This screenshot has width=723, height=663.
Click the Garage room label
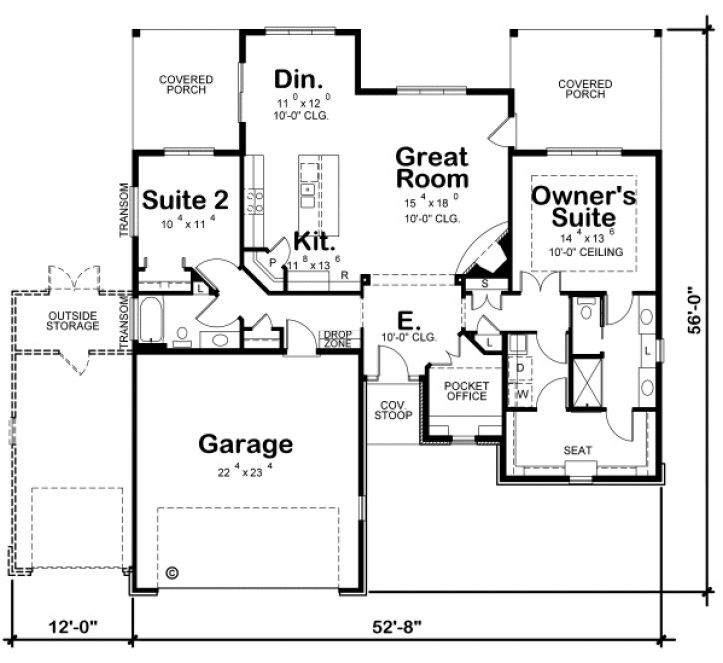[245, 443]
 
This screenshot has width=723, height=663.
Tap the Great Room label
[432, 168]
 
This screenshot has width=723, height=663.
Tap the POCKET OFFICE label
[465, 391]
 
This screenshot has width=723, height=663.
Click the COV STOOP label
[392, 411]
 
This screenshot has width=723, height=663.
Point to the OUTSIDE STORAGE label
[73, 321]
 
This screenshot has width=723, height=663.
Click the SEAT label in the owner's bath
[578, 450]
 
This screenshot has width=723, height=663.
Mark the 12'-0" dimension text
[72, 628]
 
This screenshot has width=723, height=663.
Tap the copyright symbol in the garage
[171, 573]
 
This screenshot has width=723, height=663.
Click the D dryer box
[520, 367]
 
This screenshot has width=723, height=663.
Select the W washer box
[520, 394]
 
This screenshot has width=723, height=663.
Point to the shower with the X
[585, 382]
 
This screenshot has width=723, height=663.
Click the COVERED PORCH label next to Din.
[181, 83]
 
